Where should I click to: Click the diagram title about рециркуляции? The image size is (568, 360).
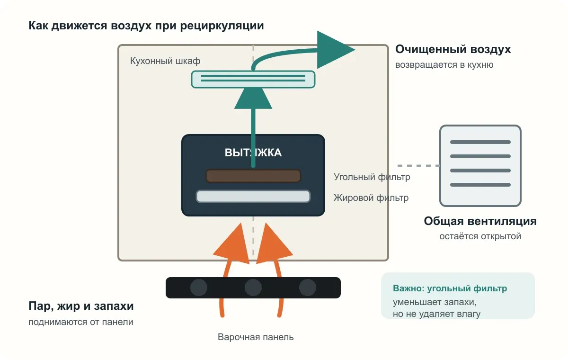(x=146, y=26)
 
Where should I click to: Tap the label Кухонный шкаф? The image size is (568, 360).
(x=165, y=61)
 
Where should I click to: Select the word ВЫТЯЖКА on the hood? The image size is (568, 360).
(x=253, y=153)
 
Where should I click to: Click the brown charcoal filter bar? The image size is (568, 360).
(x=253, y=176)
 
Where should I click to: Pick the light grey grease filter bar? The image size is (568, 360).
(x=253, y=197)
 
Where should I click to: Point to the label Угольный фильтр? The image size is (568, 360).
(x=372, y=177)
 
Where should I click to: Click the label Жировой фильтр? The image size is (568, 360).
(x=371, y=198)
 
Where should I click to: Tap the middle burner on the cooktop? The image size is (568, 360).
(x=253, y=288)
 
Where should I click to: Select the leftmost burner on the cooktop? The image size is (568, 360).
(x=198, y=288)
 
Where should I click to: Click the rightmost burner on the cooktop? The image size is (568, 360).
(x=308, y=288)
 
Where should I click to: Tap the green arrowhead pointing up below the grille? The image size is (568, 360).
(x=253, y=99)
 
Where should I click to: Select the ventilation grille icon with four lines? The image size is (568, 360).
(x=480, y=166)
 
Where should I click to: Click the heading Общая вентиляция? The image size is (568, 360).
(x=480, y=221)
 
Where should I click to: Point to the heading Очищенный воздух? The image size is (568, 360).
(x=453, y=49)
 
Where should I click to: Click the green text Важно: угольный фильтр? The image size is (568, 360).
(x=450, y=288)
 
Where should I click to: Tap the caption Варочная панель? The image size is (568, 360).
(x=256, y=337)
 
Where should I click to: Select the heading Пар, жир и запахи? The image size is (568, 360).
(x=81, y=306)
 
